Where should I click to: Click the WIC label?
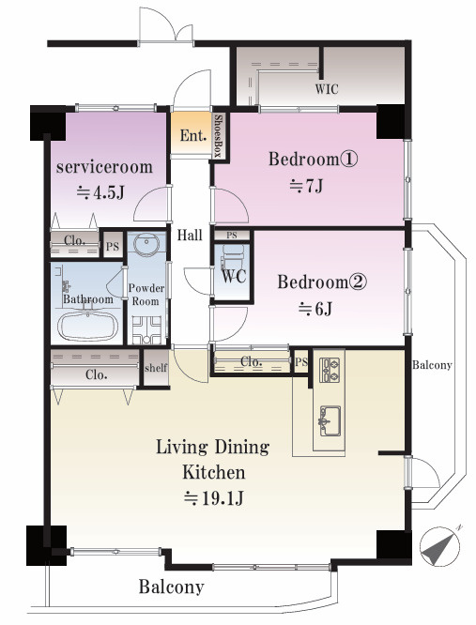coord(327,88)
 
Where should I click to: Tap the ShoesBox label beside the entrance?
coord(218,135)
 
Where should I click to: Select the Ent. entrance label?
coord(193,135)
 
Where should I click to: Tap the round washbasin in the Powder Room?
coord(146,244)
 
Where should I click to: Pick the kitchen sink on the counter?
coord(329,421)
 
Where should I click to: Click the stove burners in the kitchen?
coord(330,370)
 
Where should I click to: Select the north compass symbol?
coord(440,545)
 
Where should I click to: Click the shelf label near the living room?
coord(156,368)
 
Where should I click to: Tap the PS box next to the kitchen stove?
coord(301,361)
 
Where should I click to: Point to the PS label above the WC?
coord(232,236)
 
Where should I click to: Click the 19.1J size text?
coord(214,498)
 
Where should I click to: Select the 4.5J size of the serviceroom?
coord(100,192)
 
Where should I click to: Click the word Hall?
coord(190,235)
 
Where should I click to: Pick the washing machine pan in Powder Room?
coord(146,330)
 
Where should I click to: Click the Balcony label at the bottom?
coord(172,587)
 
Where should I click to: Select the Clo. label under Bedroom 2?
coord(252,361)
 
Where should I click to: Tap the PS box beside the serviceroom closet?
coord(113,246)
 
